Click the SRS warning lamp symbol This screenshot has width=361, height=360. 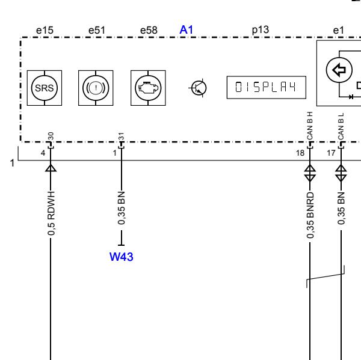[45, 88]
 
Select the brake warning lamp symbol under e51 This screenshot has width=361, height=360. [96, 88]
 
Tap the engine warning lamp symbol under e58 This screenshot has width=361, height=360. [148, 88]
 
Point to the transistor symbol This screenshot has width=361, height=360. [199, 88]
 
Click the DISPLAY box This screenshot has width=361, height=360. [267, 87]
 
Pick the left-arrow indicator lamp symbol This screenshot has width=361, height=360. [339, 70]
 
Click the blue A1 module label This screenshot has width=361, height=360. [187, 30]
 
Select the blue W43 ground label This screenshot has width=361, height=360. [122, 257]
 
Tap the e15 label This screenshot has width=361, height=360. [45, 30]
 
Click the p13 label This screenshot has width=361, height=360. [261, 30]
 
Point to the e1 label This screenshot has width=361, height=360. [338, 31]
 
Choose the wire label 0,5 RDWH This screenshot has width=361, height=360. [51, 213]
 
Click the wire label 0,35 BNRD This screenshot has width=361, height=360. [310, 215]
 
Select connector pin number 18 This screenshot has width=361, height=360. [300, 153]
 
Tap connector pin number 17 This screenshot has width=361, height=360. [331, 153]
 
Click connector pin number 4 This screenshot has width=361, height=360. [43, 153]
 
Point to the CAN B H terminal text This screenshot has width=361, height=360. [310, 126]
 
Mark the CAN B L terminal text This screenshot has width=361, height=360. [341, 126]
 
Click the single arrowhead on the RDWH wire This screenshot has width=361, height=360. [51, 168]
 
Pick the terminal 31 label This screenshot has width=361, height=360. [122, 136]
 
